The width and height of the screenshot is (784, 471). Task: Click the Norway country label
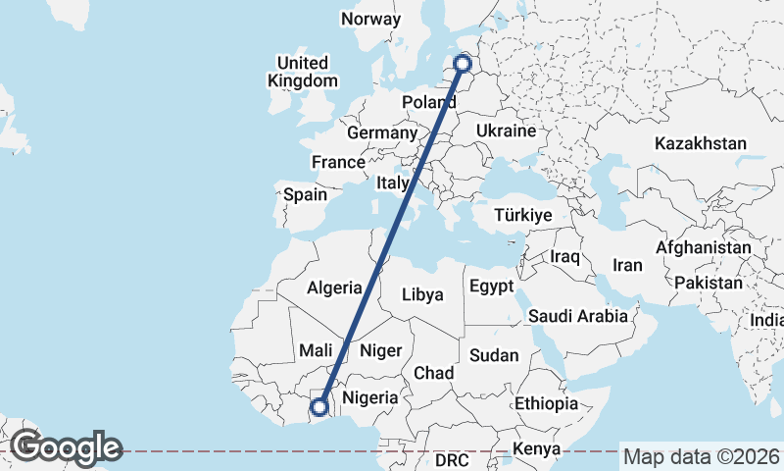tap(370, 19)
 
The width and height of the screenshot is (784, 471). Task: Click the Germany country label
tap(382, 132)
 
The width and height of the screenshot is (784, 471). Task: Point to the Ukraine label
tap(506, 131)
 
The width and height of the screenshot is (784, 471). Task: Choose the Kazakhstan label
tap(701, 143)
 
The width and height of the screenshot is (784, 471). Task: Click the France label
tap(338, 162)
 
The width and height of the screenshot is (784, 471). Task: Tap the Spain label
tap(305, 194)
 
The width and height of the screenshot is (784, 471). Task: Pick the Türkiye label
tap(523, 215)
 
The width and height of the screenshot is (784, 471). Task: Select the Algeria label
tap(334, 288)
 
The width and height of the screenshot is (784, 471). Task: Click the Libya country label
tap(423, 294)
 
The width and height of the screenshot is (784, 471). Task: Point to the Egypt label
tap(491, 288)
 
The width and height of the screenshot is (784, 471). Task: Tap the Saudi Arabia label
tap(577, 316)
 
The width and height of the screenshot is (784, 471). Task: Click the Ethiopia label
tap(546, 403)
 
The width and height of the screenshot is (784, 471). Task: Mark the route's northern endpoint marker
tap(464, 66)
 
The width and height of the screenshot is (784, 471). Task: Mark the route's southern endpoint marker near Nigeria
tap(319, 406)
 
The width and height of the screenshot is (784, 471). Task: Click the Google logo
tap(66, 447)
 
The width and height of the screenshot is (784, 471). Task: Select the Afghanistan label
tap(704, 248)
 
